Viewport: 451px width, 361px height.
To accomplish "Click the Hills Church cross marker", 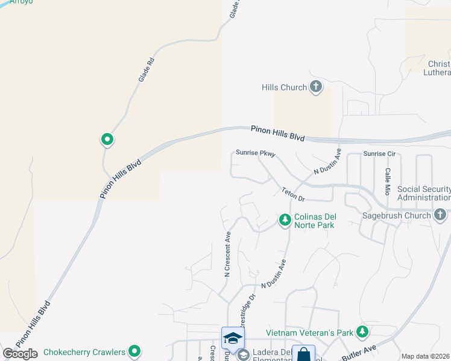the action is (316, 87).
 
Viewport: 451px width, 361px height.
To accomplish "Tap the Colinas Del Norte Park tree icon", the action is (285, 221).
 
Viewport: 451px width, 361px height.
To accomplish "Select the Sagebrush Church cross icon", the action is (441, 215).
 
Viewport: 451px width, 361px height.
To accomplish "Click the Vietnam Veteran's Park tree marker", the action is (362, 332).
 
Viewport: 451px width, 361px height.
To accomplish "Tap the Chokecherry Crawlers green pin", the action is (134, 351).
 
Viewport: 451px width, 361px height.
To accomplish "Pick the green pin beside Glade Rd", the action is (107, 140).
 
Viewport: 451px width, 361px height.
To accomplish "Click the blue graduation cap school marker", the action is (233, 338).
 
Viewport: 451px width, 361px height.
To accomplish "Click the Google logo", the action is (20, 354).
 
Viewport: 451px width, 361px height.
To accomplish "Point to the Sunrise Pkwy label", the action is (256, 153).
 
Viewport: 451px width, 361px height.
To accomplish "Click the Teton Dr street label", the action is (294, 193).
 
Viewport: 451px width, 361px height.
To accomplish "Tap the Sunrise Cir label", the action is (379, 154).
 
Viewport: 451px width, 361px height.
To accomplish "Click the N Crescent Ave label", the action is (228, 254).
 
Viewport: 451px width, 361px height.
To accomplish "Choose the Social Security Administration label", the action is (424, 193).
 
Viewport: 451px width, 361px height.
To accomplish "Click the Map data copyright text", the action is (426, 356).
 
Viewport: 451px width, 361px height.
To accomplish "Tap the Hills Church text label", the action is (285, 87).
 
